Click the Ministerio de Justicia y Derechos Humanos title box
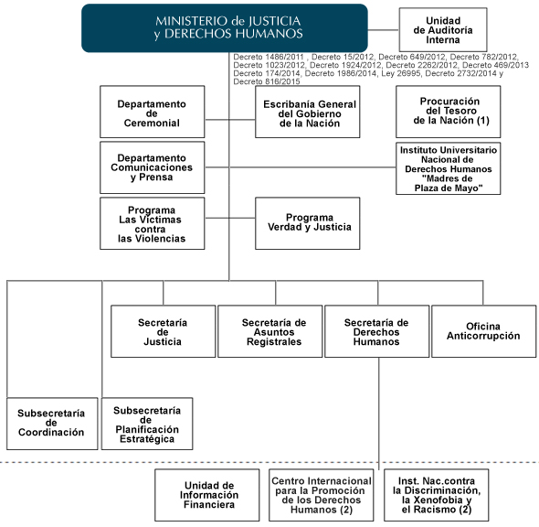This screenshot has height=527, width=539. coord(225,27)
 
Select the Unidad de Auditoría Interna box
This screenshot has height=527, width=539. coord(443,30)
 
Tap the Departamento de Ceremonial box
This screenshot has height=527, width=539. coord(153,112)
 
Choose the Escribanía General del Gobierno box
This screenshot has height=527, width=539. coord(308,112)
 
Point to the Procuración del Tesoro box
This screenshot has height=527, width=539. coord(449,112)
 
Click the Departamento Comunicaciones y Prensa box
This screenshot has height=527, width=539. coord(153,167)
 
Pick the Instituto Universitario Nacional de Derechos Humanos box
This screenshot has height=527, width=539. coord(449,168)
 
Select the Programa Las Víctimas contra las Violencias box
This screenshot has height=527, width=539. coord(153,223)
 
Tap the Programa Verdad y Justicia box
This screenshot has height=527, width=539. coord(308,223)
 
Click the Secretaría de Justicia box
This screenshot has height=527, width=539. coord(164,331)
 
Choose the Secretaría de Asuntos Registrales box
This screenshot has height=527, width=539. coord(270,331)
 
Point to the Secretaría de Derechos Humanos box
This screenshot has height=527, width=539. coord(377,331)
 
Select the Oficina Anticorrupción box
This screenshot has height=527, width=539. coord(484,331)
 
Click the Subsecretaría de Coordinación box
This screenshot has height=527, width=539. coord(52,424)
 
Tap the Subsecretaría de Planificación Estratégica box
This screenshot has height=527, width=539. coord(147,424)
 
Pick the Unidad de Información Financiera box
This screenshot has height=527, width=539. coord(207,495)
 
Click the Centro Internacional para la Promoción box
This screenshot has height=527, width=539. coord(322,495)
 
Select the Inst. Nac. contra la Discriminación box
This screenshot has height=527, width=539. coord(436,495)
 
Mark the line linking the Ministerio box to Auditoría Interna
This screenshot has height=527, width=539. coord(384,30)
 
